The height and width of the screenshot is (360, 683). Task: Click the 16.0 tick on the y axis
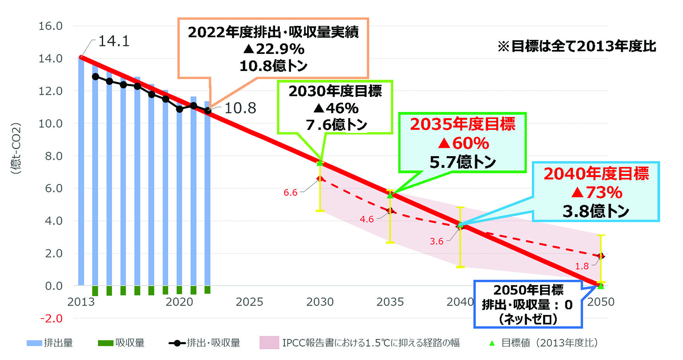point(50,26)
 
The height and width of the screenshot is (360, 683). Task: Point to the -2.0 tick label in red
point(51,318)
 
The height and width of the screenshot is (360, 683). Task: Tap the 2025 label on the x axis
point(249,302)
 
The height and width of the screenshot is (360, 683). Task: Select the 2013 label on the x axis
point(81,302)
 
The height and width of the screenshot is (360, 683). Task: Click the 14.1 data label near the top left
point(114,41)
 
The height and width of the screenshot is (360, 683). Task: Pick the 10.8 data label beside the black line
point(240,108)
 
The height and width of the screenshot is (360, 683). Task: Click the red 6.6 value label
point(290,192)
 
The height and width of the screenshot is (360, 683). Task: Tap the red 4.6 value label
point(366,219)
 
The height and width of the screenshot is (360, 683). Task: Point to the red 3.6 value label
point(436,241)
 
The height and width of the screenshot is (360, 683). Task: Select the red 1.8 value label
point(582,266)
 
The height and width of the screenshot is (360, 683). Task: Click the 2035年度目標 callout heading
point(462,125)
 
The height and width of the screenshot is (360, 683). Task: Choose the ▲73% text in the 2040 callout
point(596,192)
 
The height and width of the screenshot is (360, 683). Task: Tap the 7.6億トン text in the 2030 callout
point(336,125)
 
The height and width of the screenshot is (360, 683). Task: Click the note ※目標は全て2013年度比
point(576,46)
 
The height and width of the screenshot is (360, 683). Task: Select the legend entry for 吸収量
point(121,343)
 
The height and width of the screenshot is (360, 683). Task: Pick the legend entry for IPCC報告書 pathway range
point(360,343)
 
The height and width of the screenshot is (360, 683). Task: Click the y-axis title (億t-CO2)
point(16,149)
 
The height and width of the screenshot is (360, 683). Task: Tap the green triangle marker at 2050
point(601,286)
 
